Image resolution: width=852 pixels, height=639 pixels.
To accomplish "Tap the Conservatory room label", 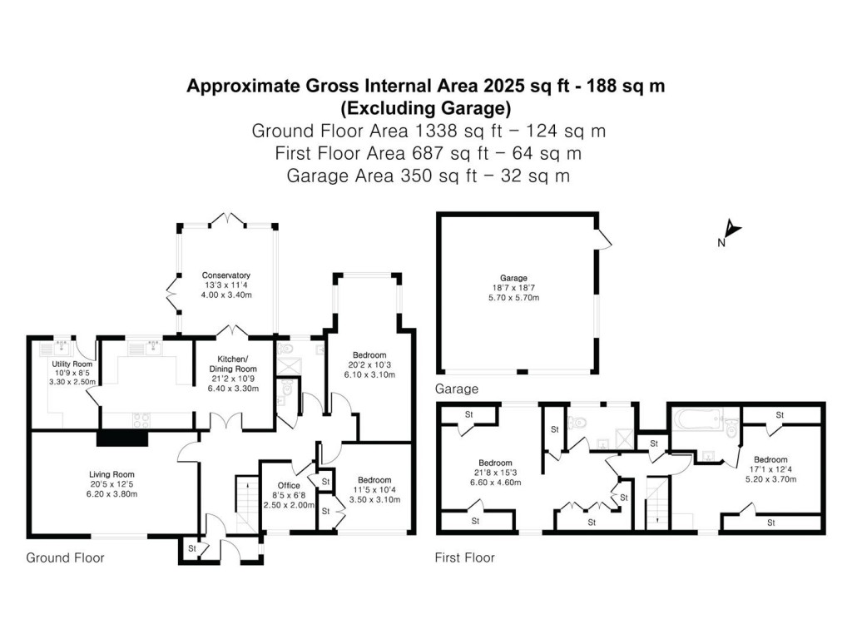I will [x=226, y=275].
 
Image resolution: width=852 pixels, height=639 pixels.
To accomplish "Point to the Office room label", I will [x=289, y=485].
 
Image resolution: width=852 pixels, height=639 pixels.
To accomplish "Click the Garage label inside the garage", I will [x=513, y=278].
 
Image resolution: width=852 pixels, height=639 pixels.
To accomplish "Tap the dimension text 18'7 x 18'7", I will [x=513, y=287].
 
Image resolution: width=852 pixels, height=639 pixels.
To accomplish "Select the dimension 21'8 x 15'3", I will [x=495, y=473].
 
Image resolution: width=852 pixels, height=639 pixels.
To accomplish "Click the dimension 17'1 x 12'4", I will [x=770, y=469].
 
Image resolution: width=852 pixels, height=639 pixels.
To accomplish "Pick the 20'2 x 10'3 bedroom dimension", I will [x=371, y=364].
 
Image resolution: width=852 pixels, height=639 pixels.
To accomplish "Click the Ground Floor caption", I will [x=66, y=557].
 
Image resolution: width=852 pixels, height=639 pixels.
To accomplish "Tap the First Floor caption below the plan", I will [x=465, y=557].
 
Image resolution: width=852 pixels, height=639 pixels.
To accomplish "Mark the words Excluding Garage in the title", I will [x=426, y=107].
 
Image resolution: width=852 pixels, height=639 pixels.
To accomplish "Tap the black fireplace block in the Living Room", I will [x=121, y=439].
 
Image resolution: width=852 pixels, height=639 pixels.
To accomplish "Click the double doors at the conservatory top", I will [x=226, y=220].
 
